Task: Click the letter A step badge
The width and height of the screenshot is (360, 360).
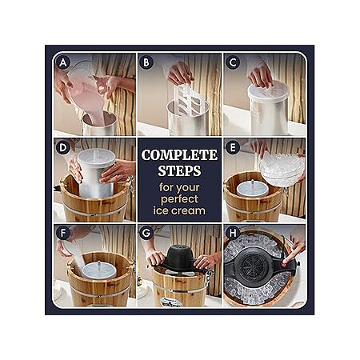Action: coord(63,63)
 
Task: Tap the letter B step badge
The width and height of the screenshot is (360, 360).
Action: coord(146,63)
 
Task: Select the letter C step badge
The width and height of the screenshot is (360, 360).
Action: coord(233,63)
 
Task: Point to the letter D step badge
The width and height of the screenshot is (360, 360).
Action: coord(63,148)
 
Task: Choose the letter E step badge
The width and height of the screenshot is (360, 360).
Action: coord(233,148)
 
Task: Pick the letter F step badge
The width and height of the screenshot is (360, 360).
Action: coord(63,233)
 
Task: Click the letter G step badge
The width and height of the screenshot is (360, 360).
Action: coord(146,233)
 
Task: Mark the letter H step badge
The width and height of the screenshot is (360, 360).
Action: coord(233,233)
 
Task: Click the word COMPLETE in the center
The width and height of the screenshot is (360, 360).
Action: coord(179,155)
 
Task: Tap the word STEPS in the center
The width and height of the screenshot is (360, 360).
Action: coord(179,170)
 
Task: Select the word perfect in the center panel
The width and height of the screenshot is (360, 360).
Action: coord(179,199)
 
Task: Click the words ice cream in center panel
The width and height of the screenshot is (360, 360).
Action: coord(179,210)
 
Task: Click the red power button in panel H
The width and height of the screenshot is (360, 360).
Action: coord(284,266)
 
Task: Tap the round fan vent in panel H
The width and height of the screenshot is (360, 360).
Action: coord(253,266)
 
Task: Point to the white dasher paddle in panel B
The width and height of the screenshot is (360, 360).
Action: coord(189,99)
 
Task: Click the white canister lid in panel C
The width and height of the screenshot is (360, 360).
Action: coord(268,90)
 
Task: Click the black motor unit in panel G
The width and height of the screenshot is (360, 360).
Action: coord(179,258)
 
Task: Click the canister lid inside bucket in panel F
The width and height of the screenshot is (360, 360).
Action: coord(99,270)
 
